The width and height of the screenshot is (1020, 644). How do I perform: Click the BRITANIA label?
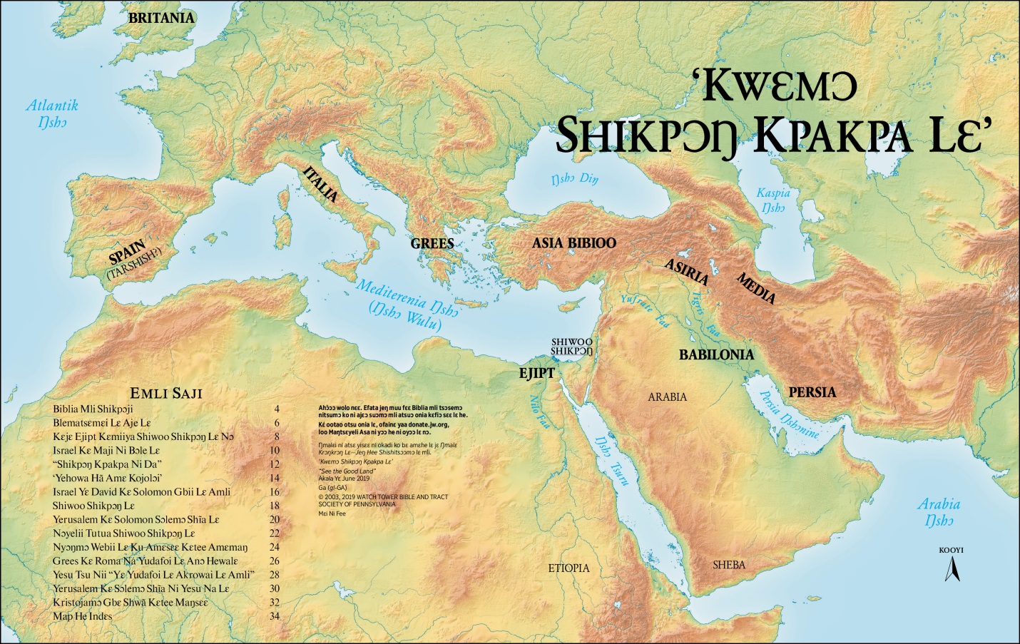(161, 19)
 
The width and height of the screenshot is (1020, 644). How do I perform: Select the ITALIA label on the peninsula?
(320, 185)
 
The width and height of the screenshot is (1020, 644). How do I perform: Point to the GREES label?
(432, 243)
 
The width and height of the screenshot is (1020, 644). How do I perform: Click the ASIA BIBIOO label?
(573, 242)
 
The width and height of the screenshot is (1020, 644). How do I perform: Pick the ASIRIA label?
(686, 272)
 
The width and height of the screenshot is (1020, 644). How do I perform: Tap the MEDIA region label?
(755, 288)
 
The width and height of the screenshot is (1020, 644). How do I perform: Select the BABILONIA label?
(716, 354)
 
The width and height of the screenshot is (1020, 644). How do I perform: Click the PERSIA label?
(812, 392)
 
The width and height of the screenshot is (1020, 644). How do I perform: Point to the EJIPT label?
(536, 372)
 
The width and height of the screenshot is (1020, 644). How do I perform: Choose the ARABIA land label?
(667, 397)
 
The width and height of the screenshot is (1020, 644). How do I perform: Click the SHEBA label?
(729, 565)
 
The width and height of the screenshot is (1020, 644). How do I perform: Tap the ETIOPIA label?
(568, 568)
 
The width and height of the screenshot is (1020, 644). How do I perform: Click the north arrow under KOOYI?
(951, 568)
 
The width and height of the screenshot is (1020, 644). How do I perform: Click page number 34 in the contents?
(275, 616)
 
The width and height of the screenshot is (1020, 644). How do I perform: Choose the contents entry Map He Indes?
(82, 616)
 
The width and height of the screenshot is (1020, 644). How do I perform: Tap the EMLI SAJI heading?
(166, 393)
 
